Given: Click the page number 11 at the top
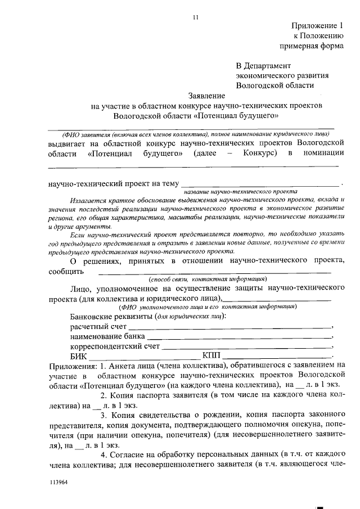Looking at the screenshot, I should pos(196,17).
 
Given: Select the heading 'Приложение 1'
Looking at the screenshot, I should pos(317,26).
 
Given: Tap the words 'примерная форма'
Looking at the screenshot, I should pos(312,46).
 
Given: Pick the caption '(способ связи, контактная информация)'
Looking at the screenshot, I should pos(208,279).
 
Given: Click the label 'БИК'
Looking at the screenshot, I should pos(79,357).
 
